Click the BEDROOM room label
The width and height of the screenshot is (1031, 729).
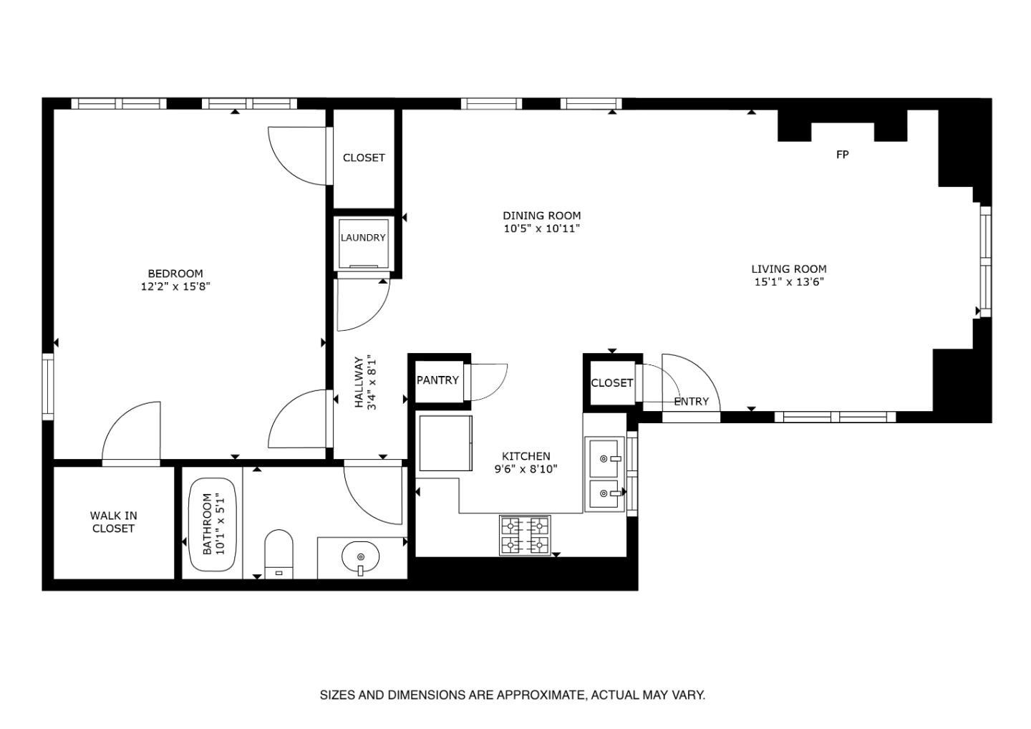[x=175, y=274]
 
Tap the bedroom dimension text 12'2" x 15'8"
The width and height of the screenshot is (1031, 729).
[x=175, y=286]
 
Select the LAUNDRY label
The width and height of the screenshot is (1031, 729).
[x=363, y=238]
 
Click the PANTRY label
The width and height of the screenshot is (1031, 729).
[x=437, y=380]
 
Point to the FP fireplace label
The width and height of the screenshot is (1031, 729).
[x=842, y=155]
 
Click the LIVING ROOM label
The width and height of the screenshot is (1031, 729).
[x=788, y=269]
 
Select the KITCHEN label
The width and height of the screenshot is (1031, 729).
[x=526, y=456]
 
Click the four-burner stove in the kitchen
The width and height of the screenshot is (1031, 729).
[x=524, y=536]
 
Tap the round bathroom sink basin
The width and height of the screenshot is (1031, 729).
[x=361, y=556]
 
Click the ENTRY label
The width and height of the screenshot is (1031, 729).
[x=691, y=402]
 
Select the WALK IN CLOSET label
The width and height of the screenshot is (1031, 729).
[x=113, y=522]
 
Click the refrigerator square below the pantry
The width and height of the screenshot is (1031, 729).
[x=445, y=443]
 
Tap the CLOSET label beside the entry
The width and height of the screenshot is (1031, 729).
[x=611, y=383]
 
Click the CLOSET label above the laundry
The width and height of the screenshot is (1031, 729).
[x=364, y=158]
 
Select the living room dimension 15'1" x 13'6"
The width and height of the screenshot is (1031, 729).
[x=789, y=282]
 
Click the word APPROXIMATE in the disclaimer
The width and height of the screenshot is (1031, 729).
[x=541, y=695]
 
